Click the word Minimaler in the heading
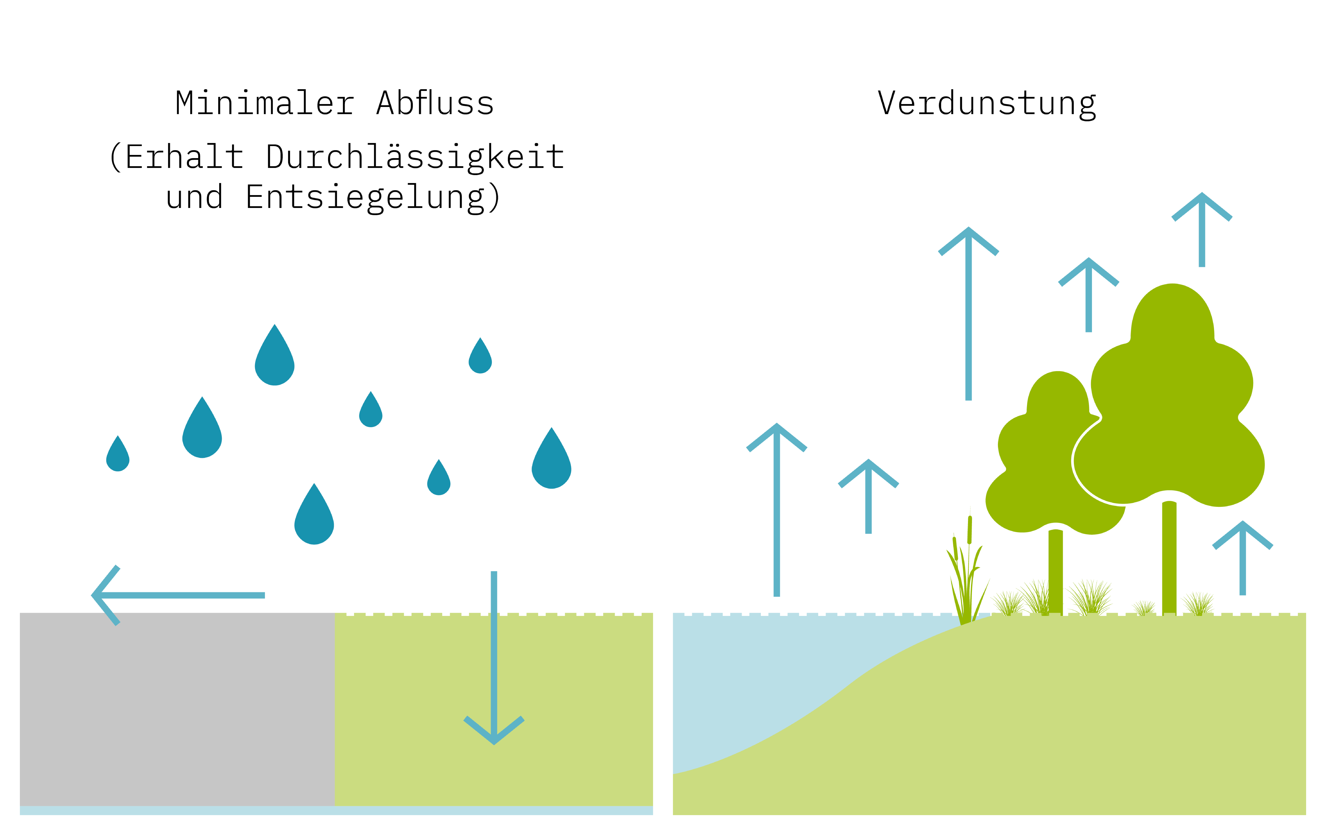point(264,104)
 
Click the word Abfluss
point(435,104)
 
